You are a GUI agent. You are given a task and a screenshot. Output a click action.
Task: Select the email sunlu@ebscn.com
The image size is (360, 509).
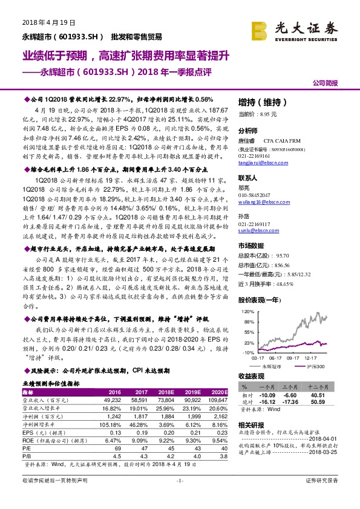(254, 230)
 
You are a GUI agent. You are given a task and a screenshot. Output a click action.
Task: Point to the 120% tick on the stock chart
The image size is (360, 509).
(246, 311)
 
